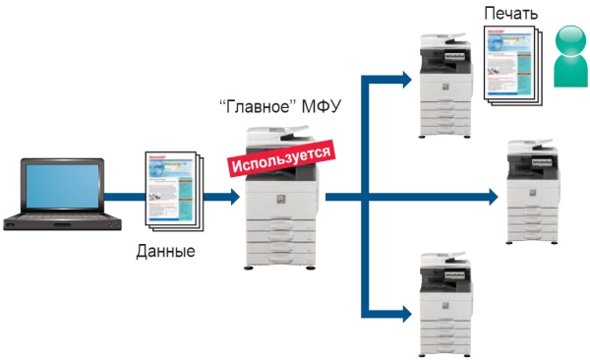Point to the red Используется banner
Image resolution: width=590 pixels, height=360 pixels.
pos(280,158)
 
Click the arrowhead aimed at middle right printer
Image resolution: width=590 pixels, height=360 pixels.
pos(492,197)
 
